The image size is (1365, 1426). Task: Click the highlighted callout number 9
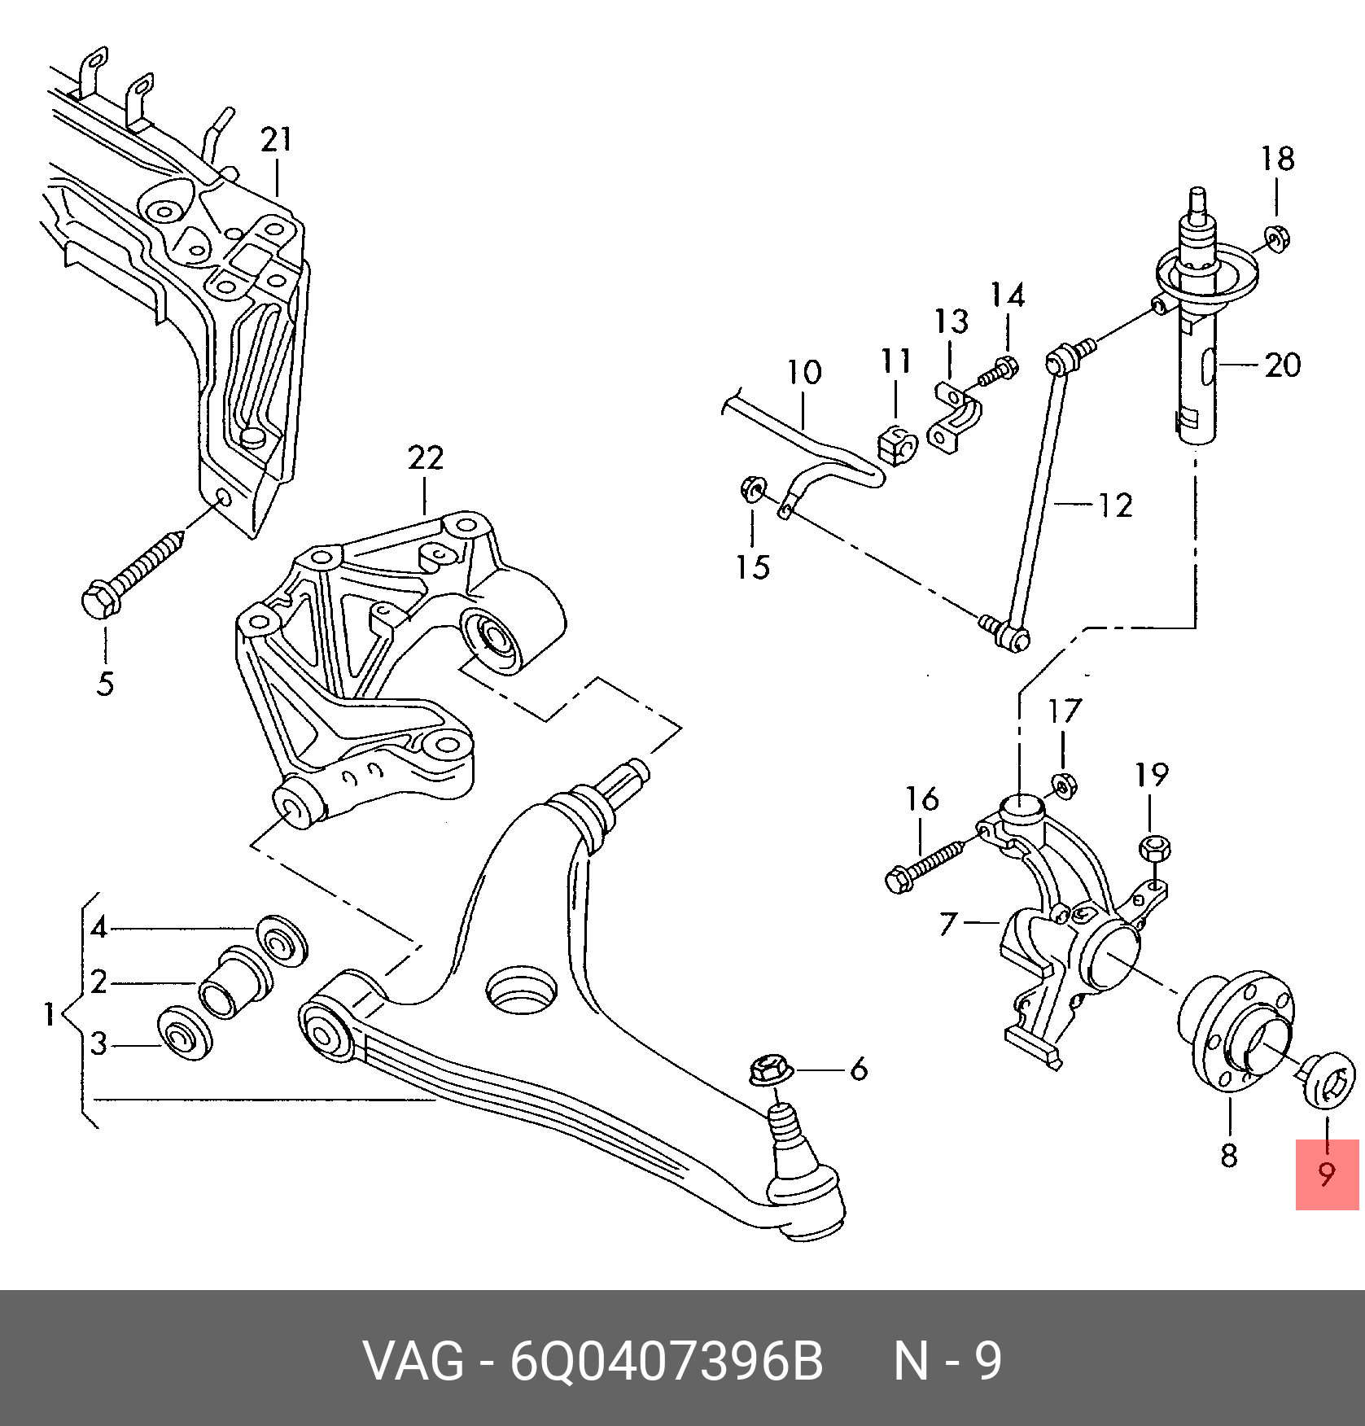(1327, 1174)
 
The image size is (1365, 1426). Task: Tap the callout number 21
(276, 140)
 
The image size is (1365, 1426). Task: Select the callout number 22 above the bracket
(425, 458)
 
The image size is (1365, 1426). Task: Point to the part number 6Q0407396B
(666, 1361)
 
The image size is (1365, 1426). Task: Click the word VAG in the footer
(413, 1361)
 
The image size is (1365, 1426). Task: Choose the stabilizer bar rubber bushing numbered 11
(898, 444)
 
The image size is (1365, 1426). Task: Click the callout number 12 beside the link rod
(1115, 505)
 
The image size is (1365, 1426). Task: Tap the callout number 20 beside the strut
(1282, 365)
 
